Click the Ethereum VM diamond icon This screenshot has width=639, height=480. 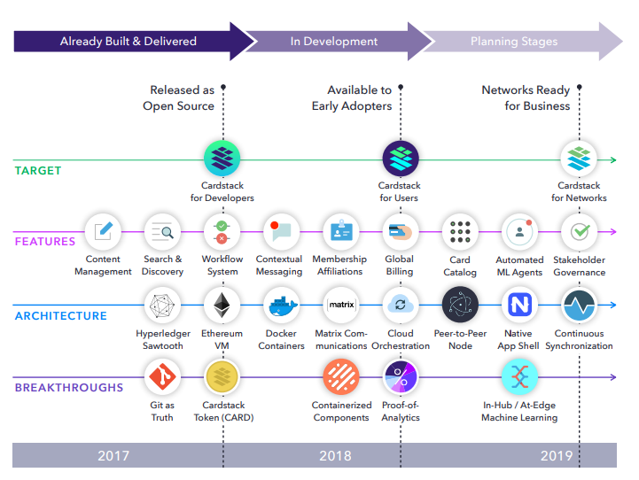222,306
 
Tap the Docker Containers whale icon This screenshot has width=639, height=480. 282,306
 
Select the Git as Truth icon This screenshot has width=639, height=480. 161,377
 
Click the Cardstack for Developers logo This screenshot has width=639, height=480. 222,159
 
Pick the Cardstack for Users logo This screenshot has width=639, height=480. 400,159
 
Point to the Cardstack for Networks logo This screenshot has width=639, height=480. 580,159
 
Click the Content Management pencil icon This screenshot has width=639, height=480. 103,232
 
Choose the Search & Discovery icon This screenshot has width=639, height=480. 162,232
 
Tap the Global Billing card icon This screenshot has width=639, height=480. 400,232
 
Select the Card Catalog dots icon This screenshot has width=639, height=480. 460,232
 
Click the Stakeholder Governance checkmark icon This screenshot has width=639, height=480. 580,232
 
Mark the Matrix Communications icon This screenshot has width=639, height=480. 340,306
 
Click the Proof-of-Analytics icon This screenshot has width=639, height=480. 401,377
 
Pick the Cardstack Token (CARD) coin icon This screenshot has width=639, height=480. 222,377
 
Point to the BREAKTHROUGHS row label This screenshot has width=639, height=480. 69,387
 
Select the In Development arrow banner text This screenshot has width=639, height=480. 334,42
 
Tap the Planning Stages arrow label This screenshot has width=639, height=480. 514,42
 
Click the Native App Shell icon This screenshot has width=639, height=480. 519,306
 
